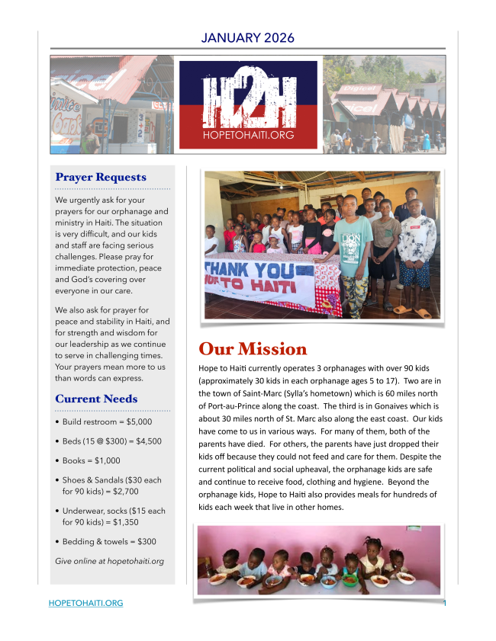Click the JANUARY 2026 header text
coord(248,37)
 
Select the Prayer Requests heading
coord(100,177)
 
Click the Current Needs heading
coord(96,399)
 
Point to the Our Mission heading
coord(253,349)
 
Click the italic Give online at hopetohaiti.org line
coord(110,562)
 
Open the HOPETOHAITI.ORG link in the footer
coord(85,604)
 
